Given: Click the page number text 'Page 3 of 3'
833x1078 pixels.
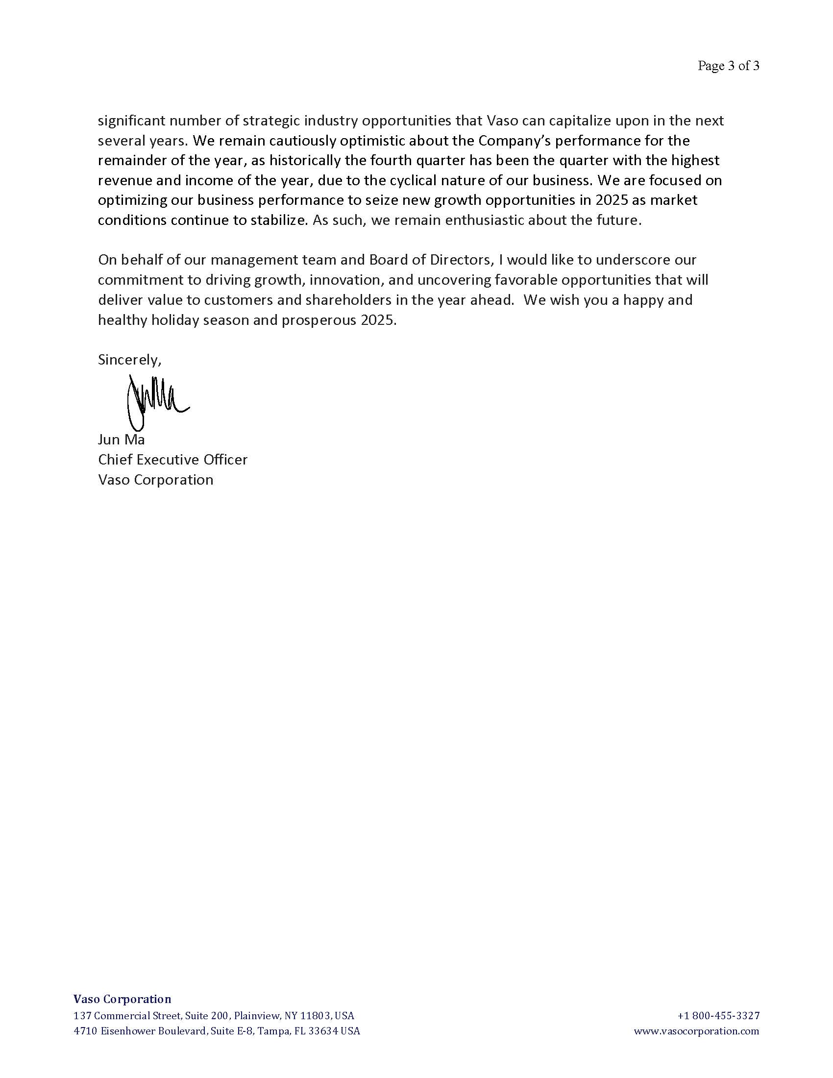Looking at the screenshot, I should point(728,66).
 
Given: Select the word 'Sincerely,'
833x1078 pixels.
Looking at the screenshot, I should point(129,360).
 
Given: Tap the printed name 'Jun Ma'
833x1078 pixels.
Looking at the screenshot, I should point(121,440).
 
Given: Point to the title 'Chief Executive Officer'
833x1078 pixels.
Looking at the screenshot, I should point(172,460).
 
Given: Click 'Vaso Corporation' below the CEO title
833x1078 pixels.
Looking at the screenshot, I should point(155,480).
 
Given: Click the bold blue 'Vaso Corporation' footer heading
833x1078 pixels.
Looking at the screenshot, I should point(122,999).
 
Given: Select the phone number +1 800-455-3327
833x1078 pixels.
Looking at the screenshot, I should point(718,1016).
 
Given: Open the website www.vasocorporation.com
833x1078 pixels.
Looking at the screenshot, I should point(696,1031).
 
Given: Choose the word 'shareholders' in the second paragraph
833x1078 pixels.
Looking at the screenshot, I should point(350,300).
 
